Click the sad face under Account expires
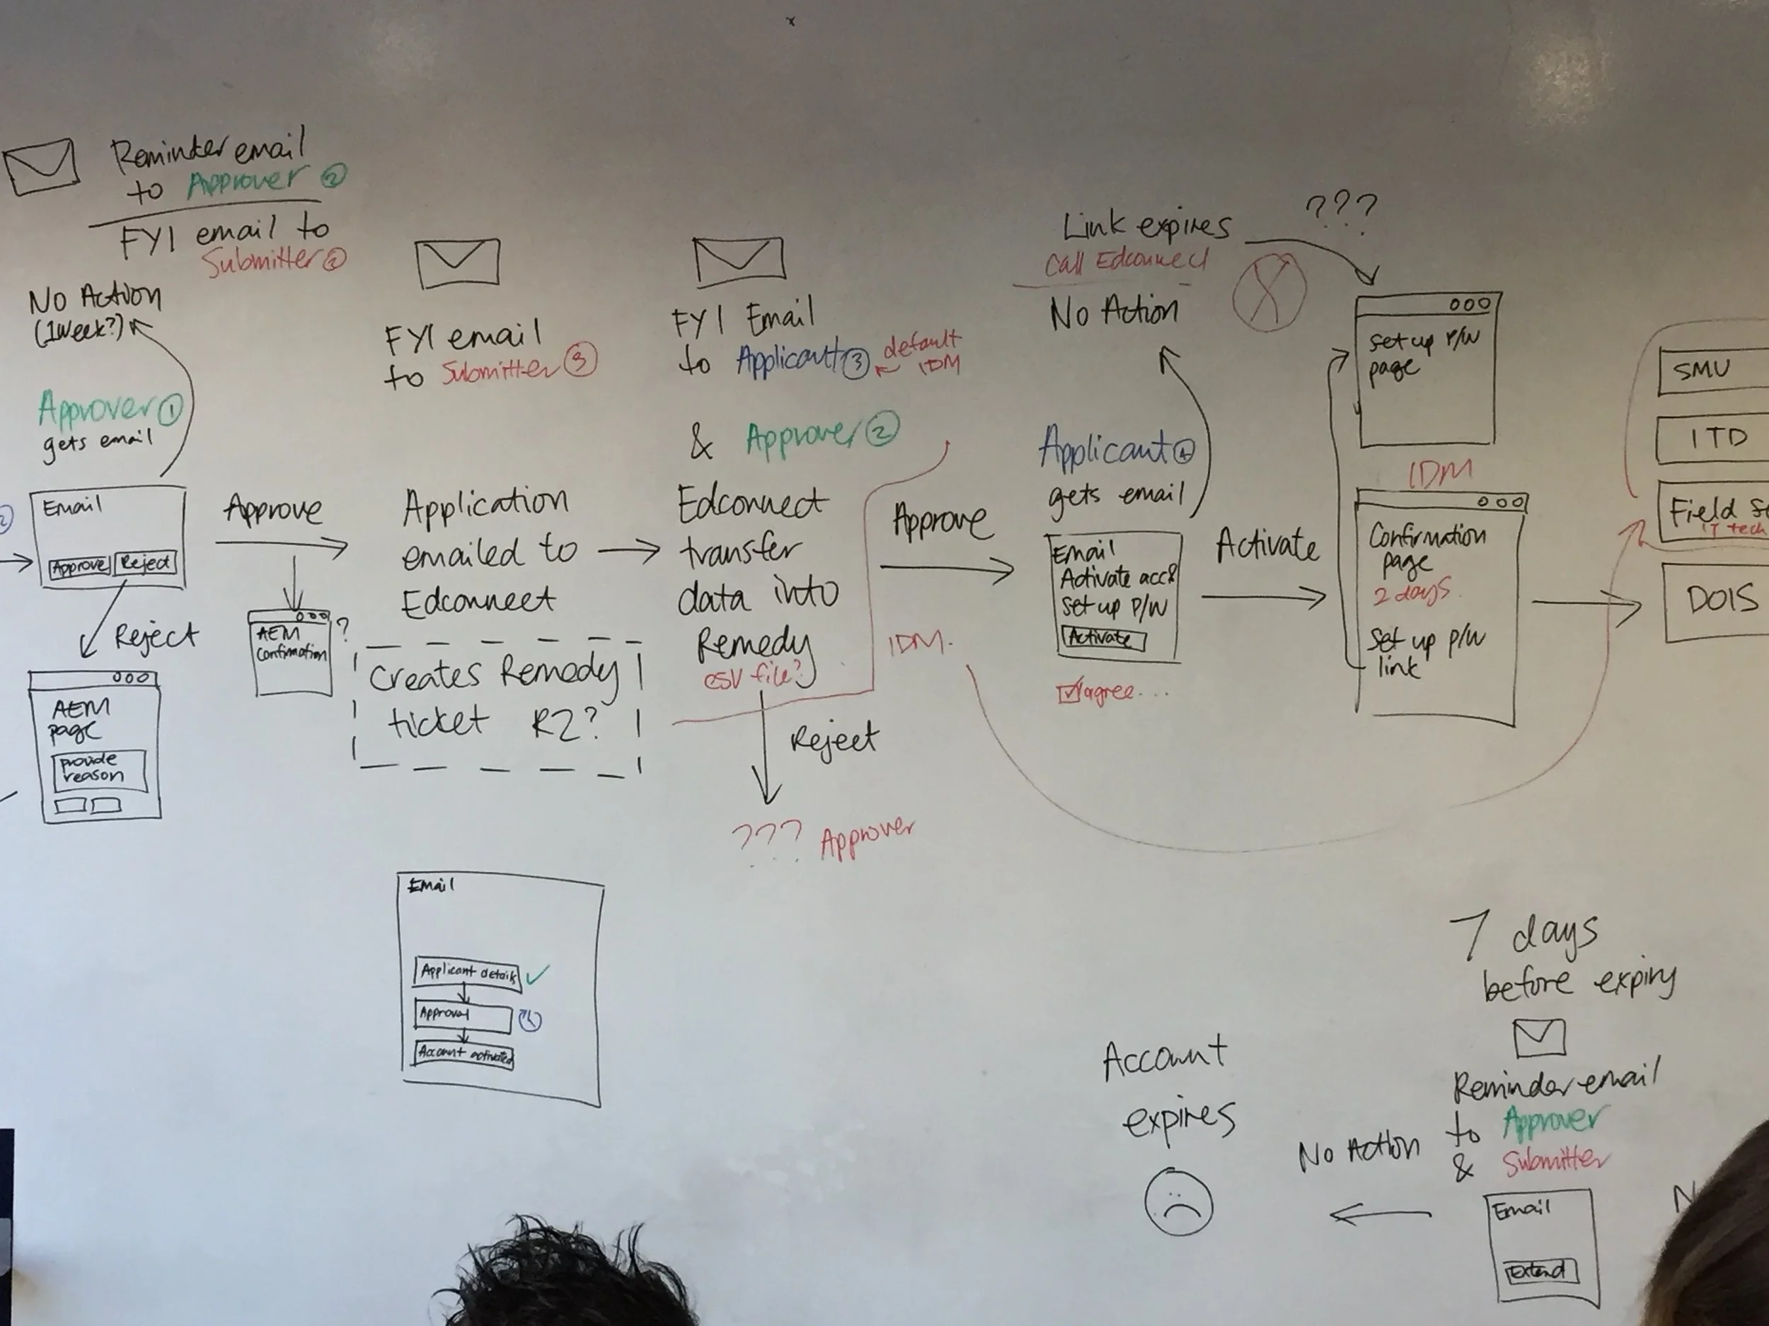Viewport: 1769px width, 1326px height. point(1178,1203)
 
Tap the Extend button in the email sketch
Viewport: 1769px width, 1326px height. point(1540,1272)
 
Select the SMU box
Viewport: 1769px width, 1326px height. point(1712,370)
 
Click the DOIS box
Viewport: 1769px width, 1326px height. point(1718,600)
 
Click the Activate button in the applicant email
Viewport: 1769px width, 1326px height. point(1103,639)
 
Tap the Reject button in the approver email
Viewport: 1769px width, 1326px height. point(146,564)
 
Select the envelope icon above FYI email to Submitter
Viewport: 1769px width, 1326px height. point(457,262)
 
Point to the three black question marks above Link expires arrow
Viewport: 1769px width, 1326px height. point(1341,209)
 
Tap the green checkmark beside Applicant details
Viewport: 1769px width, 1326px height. point(536,975)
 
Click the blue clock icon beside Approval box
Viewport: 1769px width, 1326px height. point(529,1020)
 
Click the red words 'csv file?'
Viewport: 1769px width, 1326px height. point(751,677)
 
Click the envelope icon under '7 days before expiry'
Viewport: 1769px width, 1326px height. point(1540,1037)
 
